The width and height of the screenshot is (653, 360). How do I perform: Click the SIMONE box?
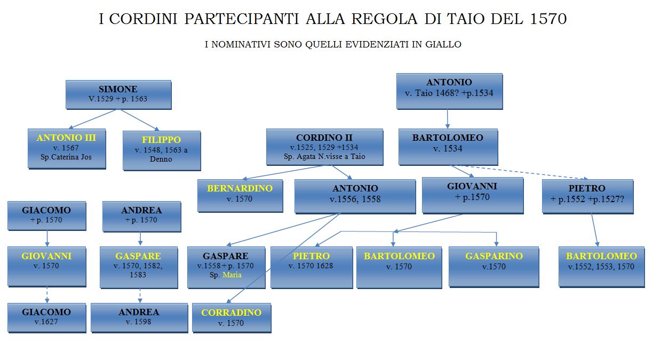point(118,95)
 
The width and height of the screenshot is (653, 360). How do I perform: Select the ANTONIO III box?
point(67,149)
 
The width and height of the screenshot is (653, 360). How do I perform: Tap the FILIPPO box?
point(162,150)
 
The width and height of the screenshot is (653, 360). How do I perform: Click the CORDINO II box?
point(324,147)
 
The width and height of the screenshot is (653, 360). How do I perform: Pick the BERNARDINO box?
point(240,196)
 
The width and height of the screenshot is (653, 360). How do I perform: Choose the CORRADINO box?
point(232,318)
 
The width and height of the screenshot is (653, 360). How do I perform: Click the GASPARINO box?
point(493,267)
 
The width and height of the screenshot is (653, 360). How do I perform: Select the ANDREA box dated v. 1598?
point(139,317)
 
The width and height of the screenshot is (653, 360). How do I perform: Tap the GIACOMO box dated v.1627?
point(46,317)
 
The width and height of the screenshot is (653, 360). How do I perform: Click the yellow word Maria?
point(232,275)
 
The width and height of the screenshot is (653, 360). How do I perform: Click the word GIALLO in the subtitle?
point(443,44)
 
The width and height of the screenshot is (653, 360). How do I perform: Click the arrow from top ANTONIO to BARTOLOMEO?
point(448,119)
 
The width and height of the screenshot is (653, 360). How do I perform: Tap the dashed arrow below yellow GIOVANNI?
point(47,295)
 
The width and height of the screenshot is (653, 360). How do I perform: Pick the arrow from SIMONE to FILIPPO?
point(140,120)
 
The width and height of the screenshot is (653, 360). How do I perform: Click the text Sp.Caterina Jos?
point(66,157)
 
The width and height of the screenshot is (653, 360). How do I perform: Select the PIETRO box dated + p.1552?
point(587,196)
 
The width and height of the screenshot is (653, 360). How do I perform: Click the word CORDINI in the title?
point(143,19)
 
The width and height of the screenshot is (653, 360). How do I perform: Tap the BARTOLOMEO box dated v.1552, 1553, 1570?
point(601,267)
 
